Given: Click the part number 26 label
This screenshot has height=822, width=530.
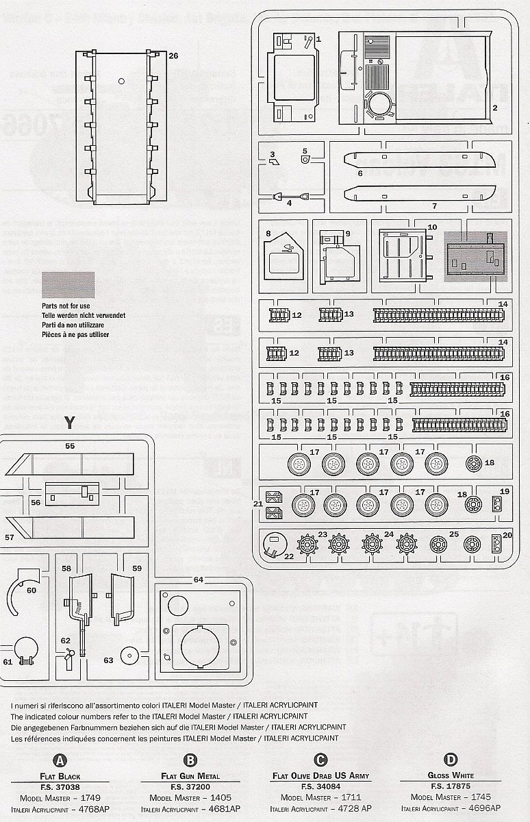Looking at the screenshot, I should (x=173, y=56).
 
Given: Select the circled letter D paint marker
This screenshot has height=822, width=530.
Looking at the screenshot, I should (x=450, y=760).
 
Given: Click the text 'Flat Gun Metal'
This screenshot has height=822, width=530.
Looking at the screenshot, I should (x=190, y=776).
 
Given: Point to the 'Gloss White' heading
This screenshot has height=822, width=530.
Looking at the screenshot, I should (x=450, y=775).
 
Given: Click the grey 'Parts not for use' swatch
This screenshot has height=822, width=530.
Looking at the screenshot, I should (x=68, y=284).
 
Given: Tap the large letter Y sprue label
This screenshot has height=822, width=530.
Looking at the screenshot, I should (x=68, y=422).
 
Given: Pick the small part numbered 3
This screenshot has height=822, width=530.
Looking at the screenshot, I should (x=274, y=162).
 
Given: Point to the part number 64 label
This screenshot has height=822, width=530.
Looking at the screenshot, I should (x=198, y=580).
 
